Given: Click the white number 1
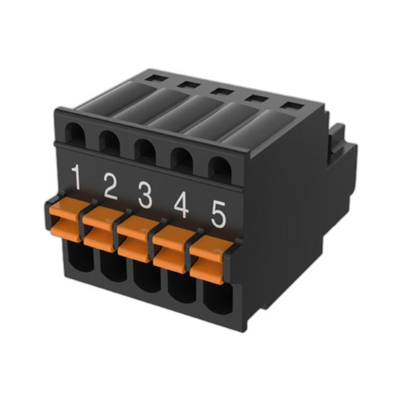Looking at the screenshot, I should [x=76, y=179].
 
